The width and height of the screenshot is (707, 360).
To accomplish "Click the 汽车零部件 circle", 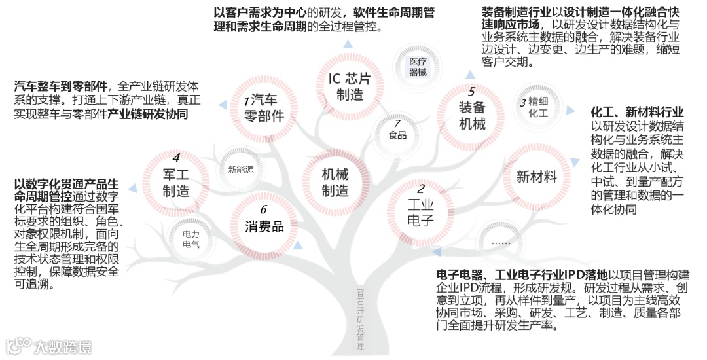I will tap(264, 108).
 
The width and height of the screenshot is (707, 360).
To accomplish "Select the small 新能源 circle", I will tap(241, 170).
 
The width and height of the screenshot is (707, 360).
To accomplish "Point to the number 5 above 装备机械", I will tap(471, 91).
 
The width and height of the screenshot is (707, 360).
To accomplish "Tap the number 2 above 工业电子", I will tap(422, 188).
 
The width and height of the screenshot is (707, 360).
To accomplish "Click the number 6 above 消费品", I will tap(264, 209).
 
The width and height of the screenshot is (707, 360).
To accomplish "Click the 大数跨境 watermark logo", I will tap(48, 346).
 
